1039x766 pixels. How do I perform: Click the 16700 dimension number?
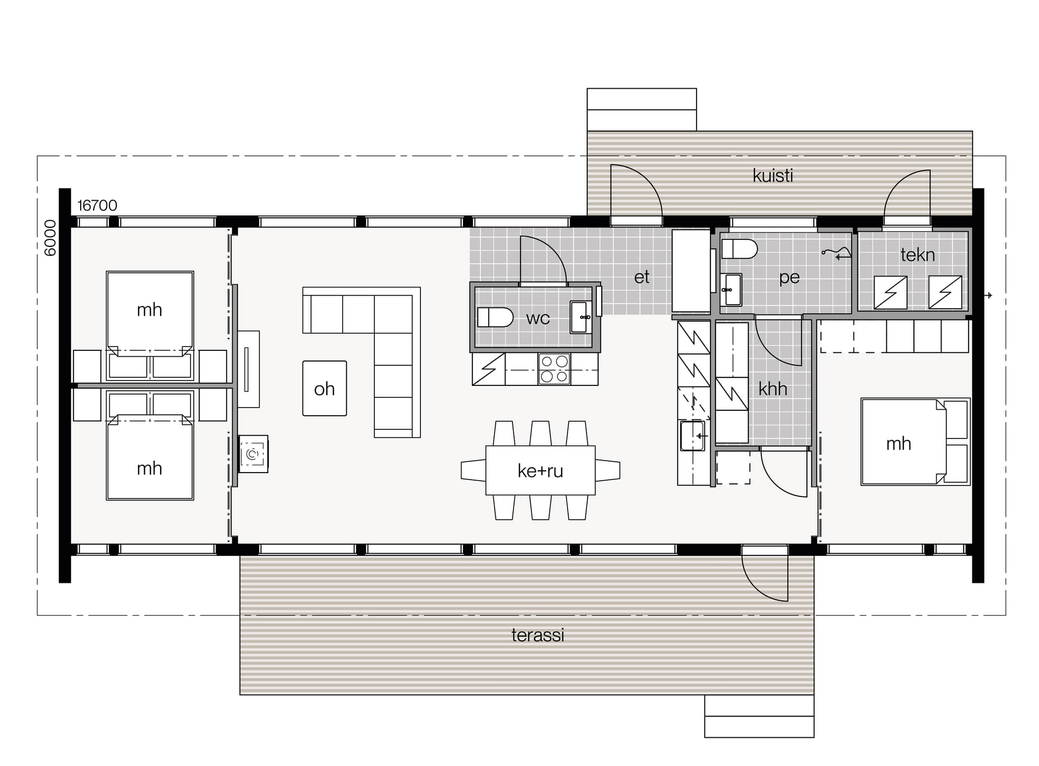(97, 206)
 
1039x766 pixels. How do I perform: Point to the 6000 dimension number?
(50, 238)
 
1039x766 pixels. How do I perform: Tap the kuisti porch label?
(773, 175)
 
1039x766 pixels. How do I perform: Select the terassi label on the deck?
(538, 635)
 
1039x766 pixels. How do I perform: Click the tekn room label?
(918, 254)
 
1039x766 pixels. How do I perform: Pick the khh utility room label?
(773, 389)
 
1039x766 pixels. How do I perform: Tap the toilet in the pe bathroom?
(739, 249)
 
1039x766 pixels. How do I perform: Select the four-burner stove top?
(554, 369)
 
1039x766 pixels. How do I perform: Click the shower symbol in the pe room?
(837, 253)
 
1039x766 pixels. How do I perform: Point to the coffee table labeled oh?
(325, 388)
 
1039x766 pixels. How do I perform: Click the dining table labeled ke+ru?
(541, 470)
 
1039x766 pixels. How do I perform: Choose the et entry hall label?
(642, 277)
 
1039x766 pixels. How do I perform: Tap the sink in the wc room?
(582, 317)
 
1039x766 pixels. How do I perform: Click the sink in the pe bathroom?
(731, 290)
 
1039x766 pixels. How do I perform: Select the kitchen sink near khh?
(693, 436)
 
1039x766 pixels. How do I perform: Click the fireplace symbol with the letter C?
(253, 454)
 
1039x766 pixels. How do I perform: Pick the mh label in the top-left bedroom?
(149, 310)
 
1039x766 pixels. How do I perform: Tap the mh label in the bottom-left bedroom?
(149, 468)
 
